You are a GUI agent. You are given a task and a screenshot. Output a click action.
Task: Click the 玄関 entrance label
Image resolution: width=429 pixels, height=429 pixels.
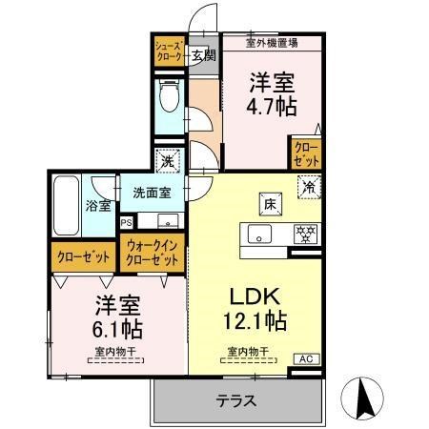[202, 54]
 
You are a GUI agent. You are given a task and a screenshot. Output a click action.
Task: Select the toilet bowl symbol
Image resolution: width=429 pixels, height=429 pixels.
[170, 97]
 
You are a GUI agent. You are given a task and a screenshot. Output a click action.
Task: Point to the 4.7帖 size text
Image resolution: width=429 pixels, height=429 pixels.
[273, 106]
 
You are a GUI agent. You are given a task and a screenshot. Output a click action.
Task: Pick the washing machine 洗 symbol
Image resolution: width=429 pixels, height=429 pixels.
[169, 162]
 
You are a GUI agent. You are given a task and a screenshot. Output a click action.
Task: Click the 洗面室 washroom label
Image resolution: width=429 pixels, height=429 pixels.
[152, 193]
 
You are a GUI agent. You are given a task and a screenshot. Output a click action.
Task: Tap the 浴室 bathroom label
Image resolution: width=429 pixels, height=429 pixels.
[97, 206]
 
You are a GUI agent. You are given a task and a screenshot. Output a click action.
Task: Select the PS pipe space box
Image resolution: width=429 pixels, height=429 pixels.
[127, 223]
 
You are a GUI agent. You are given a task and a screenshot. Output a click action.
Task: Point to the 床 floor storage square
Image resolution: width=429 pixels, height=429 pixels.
[270, 202]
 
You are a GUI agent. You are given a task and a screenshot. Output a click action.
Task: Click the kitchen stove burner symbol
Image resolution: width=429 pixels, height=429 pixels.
[306, 234]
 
